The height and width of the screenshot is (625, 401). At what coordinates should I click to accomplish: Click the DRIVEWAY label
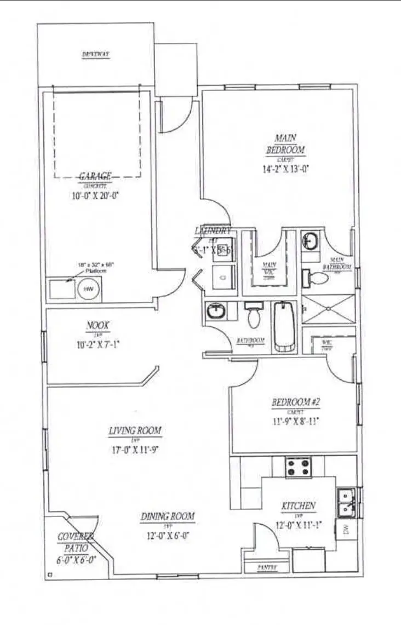point(96,54)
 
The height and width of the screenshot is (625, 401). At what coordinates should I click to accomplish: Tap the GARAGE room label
point(96,176)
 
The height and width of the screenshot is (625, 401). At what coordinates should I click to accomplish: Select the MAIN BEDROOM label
point(285,144)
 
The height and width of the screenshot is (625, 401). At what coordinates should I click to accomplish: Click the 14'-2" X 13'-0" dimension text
point(285,169)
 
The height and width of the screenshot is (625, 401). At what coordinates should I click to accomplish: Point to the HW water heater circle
point(88,288)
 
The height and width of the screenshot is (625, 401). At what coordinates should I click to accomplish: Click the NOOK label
point(98,326)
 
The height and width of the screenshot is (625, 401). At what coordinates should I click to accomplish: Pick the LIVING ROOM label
point(135,431)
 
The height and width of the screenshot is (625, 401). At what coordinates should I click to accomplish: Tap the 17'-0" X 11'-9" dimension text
point(135,450)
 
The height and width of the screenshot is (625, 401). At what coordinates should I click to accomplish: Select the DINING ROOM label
point(168,516)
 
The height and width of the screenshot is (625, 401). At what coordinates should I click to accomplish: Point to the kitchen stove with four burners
point(298,467)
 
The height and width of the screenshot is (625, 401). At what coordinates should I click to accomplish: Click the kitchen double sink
point(346,503)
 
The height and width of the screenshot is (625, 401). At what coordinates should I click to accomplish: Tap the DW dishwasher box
point(346,529)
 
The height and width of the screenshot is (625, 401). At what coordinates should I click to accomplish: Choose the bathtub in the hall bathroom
point(284,327)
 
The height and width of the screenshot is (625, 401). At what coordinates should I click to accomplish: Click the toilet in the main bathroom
point(316,279)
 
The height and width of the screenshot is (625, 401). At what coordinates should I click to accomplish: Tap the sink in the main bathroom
point(311,240)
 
